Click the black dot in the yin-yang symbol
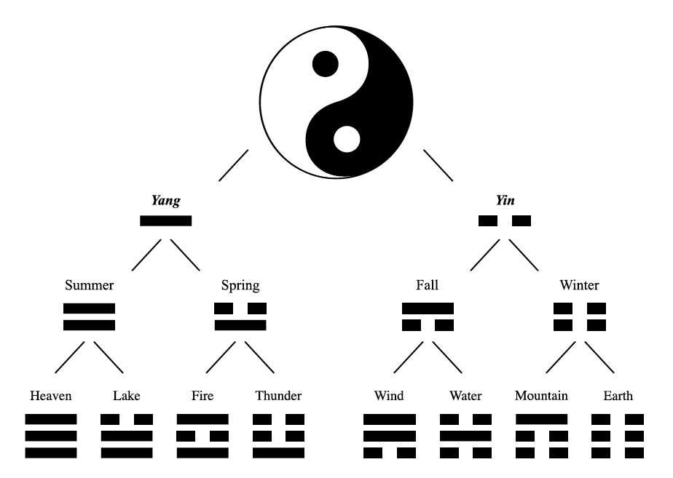(326, 64)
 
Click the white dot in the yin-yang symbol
(347, 140)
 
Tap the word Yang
(165, 201)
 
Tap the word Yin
(505, 200)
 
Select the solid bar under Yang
(165, 220)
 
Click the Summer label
(90, 285)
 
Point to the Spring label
(240, 285)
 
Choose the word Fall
(427, 285)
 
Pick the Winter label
(580, 285)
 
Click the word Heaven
(51, 396)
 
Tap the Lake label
(127, 396)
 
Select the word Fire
(202, 396)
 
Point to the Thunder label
(278, 396)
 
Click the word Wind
(389, 396)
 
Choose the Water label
(465, 396)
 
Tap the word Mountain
(541, 396)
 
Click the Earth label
(618, 396)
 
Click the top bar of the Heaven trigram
(51, 419)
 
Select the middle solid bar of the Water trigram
(465, 436)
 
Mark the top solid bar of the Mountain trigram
(542, 419)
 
